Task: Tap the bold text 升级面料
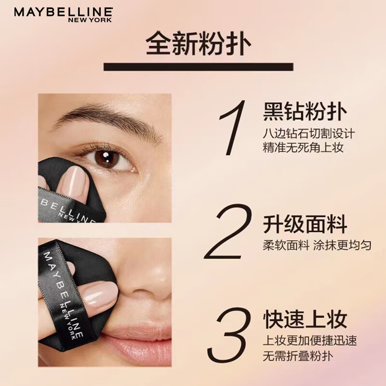(x=305, y=225)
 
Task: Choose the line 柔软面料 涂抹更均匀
(x=317, y=245)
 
